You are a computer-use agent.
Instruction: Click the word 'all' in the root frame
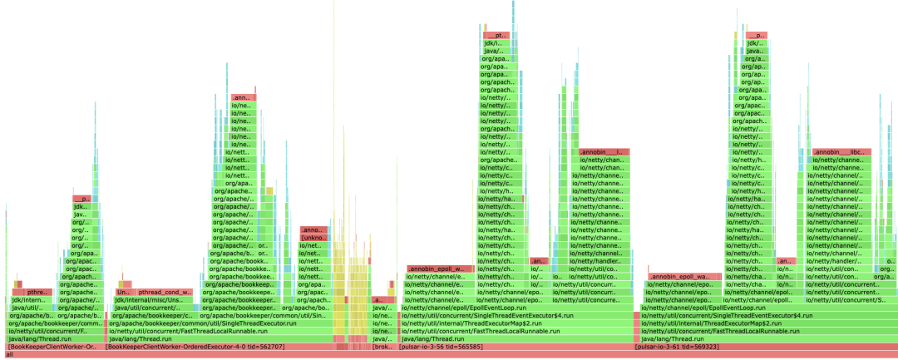pyautogui.click(x=10, y=355)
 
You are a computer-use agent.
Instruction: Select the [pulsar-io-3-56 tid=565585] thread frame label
pyautogui.click(x=442, y=347)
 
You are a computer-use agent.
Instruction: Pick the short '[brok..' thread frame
pyautogui.click(x=382, y=347)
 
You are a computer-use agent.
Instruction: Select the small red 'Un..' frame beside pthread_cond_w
pyautogui.click(x=123, y=293)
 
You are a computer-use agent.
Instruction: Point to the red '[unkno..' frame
pyautogui.click(x=313, y=238)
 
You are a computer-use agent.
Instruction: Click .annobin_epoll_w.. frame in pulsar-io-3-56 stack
pyautogui.click(x=440, y=269)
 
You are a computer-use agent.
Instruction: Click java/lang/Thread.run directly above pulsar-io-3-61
pyautogui.click(x=665, y=339)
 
